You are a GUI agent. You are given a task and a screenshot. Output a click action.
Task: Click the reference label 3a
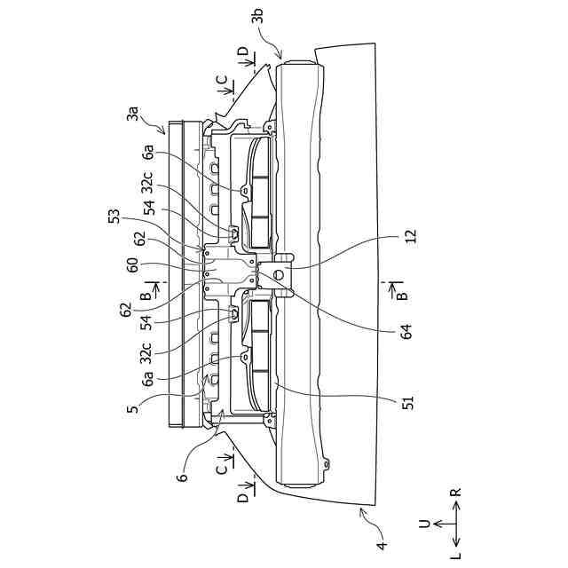[x=133, y=114]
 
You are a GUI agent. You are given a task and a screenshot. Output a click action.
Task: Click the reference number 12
[x=409, y=238]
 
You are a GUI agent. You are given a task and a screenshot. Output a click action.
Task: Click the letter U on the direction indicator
[x=424, y=524]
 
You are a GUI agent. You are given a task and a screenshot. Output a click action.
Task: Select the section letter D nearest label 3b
[x=243, y=51]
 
